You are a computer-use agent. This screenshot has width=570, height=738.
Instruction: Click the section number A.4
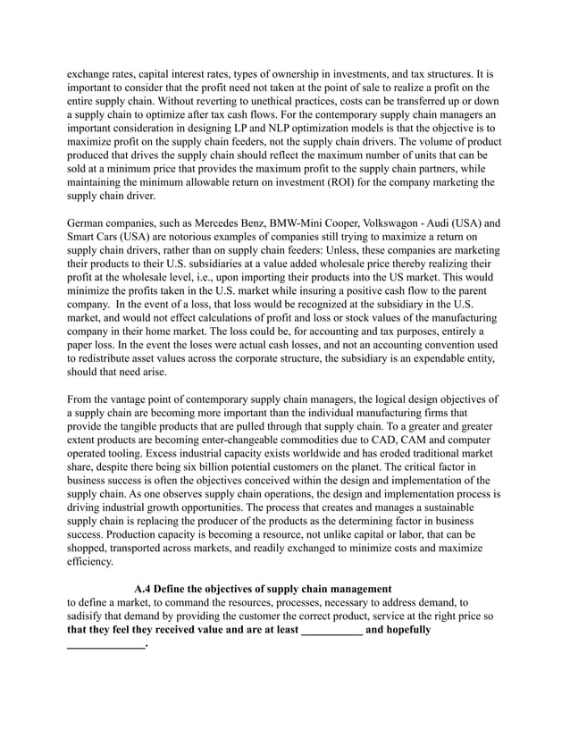(146, 589)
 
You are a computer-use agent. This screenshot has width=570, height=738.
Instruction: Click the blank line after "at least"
(332, 630)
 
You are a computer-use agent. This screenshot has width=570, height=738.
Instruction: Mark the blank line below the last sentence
(105, 644)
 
